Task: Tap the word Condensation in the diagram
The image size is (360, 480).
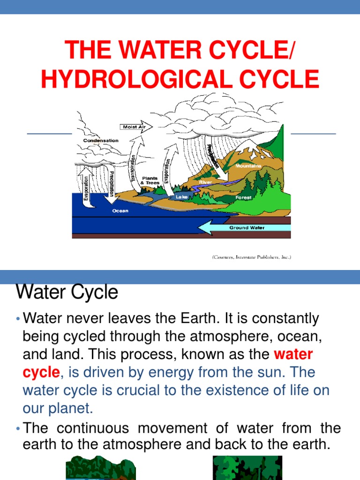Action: (101, 140)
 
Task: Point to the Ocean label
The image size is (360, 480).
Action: (120, 210)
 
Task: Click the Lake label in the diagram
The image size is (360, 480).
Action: (181, 197)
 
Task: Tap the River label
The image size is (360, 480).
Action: (205, 181)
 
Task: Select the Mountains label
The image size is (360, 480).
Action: (248, 166)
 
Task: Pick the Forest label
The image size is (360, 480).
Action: (243, 197)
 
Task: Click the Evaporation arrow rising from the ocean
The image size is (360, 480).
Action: (86, 187)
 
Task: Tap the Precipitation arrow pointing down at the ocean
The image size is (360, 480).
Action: (112, 187)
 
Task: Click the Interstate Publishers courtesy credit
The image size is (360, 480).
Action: (251, 257)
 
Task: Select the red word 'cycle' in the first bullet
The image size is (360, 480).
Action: (41, 373)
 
